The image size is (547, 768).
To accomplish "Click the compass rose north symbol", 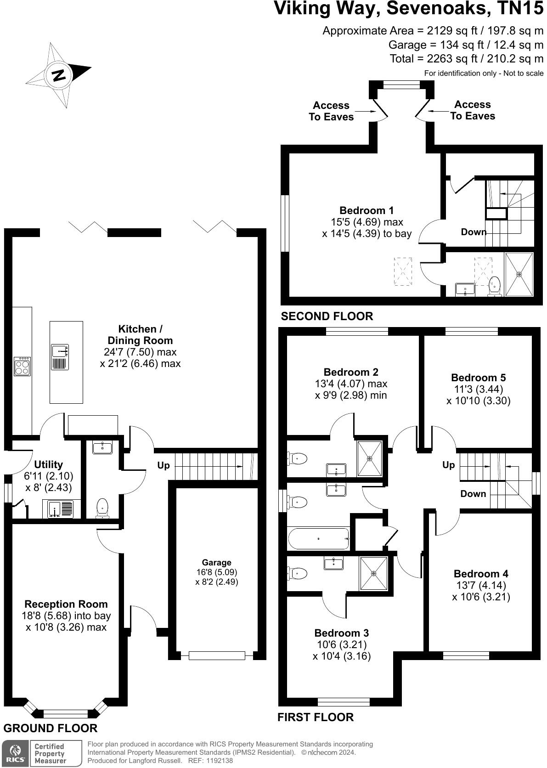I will [58, 75].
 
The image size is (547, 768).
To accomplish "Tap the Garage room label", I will [216, 562].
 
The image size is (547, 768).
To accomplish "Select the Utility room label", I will [48, 464].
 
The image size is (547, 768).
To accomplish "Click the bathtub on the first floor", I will [318, 538].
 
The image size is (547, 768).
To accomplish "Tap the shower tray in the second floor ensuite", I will [519, 274].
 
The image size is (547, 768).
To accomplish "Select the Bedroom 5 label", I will [478, 378].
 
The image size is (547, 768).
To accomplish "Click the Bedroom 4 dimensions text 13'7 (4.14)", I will [480, 585].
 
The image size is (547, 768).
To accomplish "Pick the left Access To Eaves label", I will [331, 111].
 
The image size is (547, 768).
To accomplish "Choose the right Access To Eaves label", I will [472, 110].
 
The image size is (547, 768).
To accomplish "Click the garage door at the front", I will [216, 655].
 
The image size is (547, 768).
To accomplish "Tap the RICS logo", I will [15, 753].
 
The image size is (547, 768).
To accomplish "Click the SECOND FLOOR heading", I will [327, 316].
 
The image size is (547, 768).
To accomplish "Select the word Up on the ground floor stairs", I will [164, 465].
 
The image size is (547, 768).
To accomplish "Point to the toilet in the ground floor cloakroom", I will [102, 508].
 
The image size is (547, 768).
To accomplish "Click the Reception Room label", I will [66, 604].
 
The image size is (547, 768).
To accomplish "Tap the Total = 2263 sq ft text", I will [466, 59].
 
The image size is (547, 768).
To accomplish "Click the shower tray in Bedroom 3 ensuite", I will [374, 573].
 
